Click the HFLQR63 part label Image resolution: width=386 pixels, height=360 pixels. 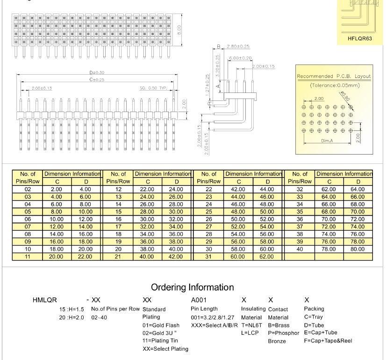point(359,38)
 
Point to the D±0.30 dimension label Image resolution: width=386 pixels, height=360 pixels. point(97,73)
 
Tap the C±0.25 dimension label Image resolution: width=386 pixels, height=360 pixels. point(97,80)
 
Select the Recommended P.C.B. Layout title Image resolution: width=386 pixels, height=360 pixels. point(334,76)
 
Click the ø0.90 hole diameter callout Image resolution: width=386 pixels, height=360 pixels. point(345,95)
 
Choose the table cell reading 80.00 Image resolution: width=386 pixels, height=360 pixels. point(357,249)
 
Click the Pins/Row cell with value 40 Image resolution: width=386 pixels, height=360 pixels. point(300,249)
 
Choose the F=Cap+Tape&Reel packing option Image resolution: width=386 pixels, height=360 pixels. point(328,340)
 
